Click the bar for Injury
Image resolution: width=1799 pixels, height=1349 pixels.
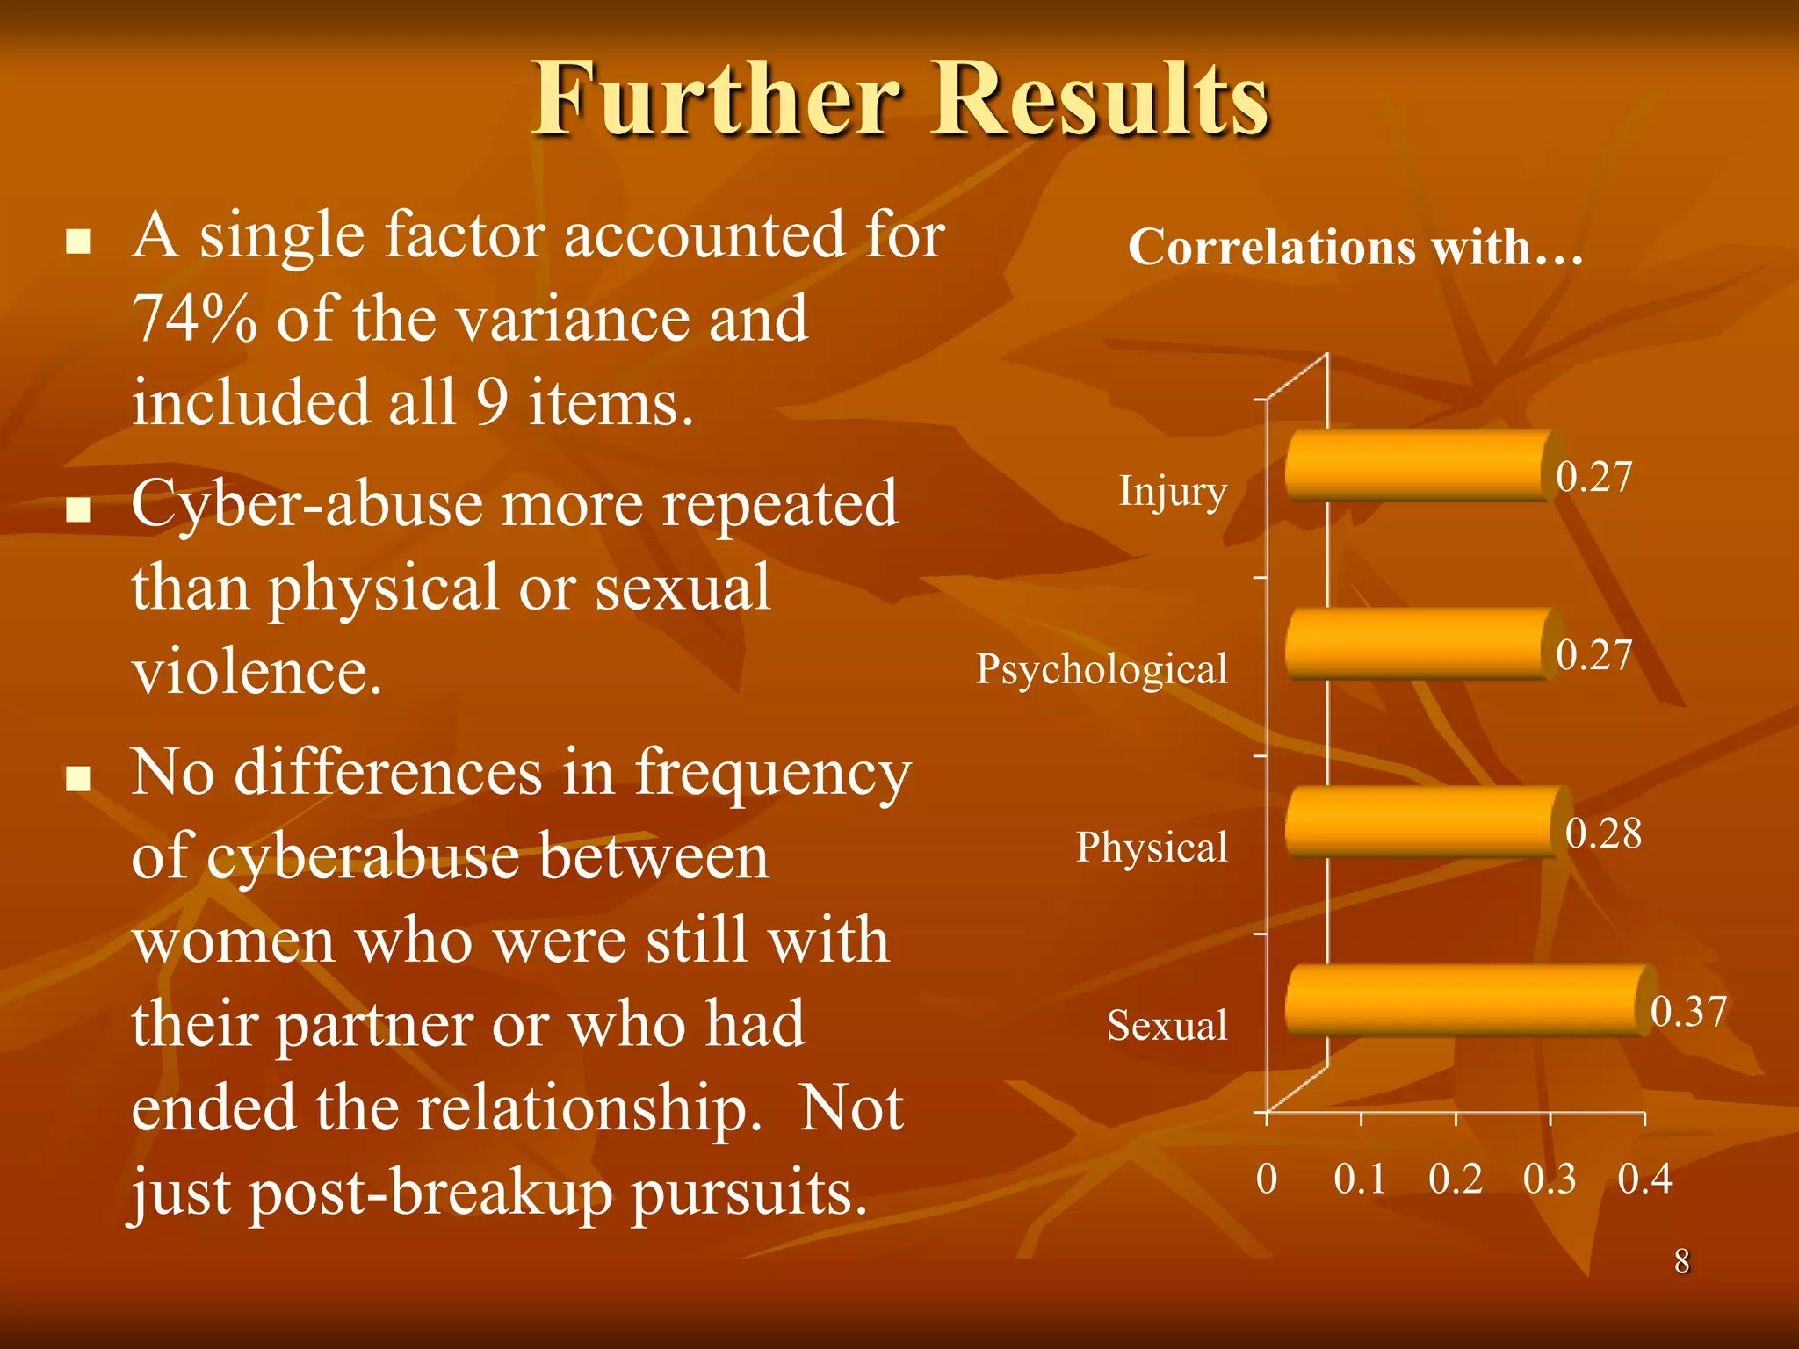(1419, 466)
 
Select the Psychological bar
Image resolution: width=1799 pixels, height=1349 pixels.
(1419, 645)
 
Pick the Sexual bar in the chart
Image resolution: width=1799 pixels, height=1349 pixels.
(1467, 1001)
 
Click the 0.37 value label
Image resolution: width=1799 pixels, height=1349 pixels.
(1688, 1012)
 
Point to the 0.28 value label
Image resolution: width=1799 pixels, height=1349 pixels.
(1603, 833)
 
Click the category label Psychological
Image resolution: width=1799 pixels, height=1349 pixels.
(1102, 670)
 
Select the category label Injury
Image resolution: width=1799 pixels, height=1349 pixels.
(1173, 492)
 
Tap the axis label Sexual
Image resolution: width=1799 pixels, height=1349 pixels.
(1167, 1026)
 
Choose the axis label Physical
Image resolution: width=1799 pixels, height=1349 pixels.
(1152, 848)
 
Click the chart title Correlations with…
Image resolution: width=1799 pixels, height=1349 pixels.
(1355, 247)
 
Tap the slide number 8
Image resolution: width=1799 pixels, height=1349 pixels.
(1681, 1261)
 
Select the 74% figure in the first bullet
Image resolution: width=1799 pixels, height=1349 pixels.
(195, 319)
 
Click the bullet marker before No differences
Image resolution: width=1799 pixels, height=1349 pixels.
(79, 778)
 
